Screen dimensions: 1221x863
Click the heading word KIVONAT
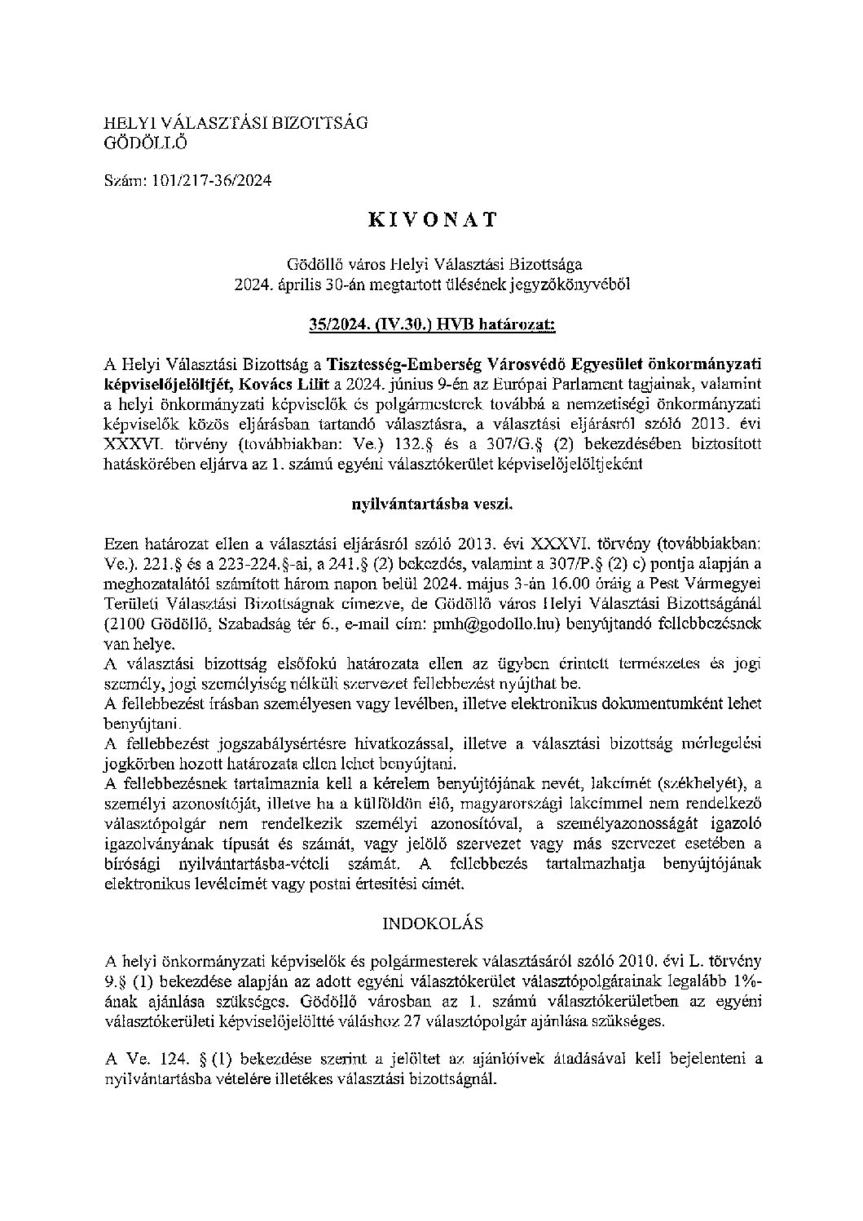432,220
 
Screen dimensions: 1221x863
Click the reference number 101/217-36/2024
212,181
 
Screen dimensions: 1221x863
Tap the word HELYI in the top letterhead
124,123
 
